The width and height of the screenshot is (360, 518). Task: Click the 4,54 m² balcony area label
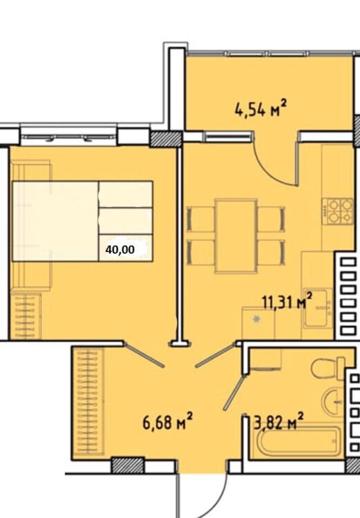(x=260, y=110)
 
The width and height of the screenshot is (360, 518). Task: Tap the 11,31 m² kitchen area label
(x=287, y=301)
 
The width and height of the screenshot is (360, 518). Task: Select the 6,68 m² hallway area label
(x=167, y=422)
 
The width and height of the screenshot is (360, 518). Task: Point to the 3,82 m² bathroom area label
(x=278, y=422)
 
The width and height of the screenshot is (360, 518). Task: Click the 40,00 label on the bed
(x=120, y=249)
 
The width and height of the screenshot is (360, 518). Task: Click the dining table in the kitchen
(x=236, y=236)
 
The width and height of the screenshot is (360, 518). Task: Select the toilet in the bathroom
(x=328, y=369)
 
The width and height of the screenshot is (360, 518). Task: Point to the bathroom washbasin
(x=334, y=402)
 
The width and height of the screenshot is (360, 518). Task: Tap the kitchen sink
(x=318, y=308)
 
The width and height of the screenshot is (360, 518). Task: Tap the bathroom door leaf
(x=235, y=392)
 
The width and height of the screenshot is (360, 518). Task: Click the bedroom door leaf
(x=144, y=355)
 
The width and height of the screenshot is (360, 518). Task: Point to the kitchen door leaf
(x=216, y=355)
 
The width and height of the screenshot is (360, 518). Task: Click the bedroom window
(x=69, y=135)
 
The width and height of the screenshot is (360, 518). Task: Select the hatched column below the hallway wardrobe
(x=128, y=465)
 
